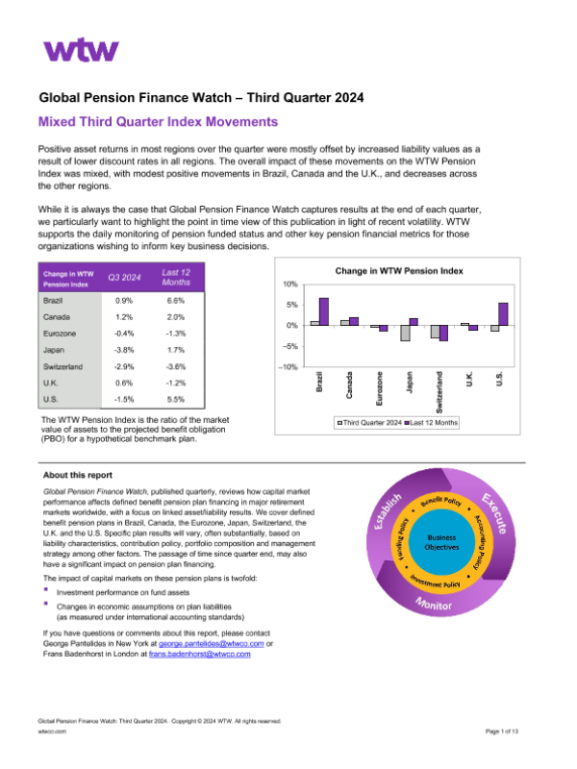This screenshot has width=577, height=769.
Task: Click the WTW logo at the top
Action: pos(82,50)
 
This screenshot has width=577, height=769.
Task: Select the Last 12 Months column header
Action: pos(175,278)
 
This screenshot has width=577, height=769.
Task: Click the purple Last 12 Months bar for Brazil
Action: pos(324,311)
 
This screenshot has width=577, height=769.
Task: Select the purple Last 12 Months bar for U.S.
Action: pos(503,314)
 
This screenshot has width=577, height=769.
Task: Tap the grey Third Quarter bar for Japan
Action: pos(405,334)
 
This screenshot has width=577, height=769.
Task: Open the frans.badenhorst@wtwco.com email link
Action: pos(202,654)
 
